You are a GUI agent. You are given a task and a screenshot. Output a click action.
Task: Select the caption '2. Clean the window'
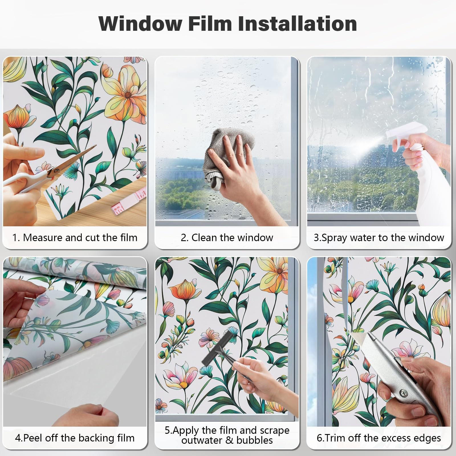tap(227, 237)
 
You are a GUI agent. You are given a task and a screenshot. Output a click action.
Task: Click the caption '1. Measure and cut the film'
tap(75, 237)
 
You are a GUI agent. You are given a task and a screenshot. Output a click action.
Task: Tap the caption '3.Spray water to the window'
tap(379, 238)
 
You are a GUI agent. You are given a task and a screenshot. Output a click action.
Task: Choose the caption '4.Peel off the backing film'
tap(75, 438)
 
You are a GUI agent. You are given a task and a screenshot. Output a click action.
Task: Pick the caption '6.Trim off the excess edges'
tap(379, 438)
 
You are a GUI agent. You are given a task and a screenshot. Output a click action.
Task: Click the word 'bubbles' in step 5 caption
tap(254, 440)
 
